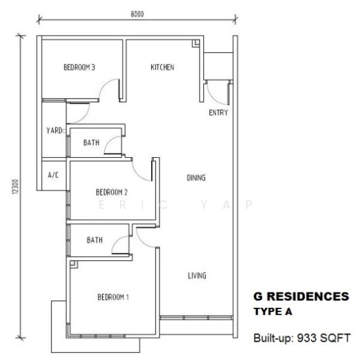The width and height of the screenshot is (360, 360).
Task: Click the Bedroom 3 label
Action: [79, 67]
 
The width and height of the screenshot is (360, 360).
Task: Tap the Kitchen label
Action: [163, 67]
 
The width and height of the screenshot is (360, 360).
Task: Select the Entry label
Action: [218, 113]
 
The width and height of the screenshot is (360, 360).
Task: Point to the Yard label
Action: [54, 130]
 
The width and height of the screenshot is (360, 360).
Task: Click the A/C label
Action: [53, 175]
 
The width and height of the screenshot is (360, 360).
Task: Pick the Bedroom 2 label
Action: [112, 192]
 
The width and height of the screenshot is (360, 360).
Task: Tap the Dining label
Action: [196, 178]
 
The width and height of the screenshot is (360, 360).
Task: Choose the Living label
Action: [197, 275]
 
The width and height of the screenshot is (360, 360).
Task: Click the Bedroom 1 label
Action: [113, 297]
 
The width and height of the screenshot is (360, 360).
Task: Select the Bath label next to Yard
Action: [91, 143]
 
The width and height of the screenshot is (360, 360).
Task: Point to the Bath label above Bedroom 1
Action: [95, 240]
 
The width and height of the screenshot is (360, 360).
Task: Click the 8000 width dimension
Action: [137, 14]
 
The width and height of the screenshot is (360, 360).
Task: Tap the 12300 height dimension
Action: [15, 187]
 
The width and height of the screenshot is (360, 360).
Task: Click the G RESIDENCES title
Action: [301, 296]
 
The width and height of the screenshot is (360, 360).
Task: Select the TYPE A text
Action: [273, 311]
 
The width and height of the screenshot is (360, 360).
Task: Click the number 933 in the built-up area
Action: [307, 338]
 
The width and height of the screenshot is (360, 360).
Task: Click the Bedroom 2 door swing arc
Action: [137, 174]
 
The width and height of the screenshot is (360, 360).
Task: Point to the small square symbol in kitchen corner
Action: [196, 44]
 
